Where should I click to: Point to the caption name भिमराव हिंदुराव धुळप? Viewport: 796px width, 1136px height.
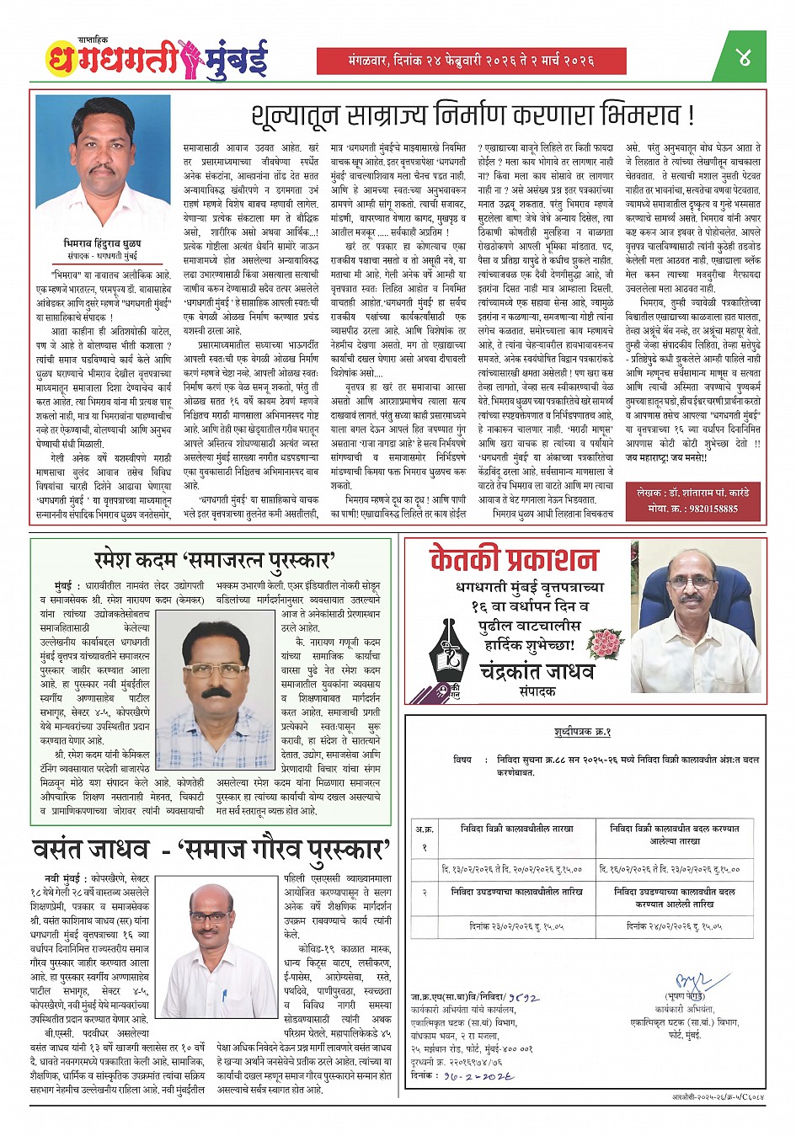[104, 243]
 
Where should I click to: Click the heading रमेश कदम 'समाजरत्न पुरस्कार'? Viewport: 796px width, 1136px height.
[215, 560]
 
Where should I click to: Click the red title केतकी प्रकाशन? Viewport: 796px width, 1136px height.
[513, 559]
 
